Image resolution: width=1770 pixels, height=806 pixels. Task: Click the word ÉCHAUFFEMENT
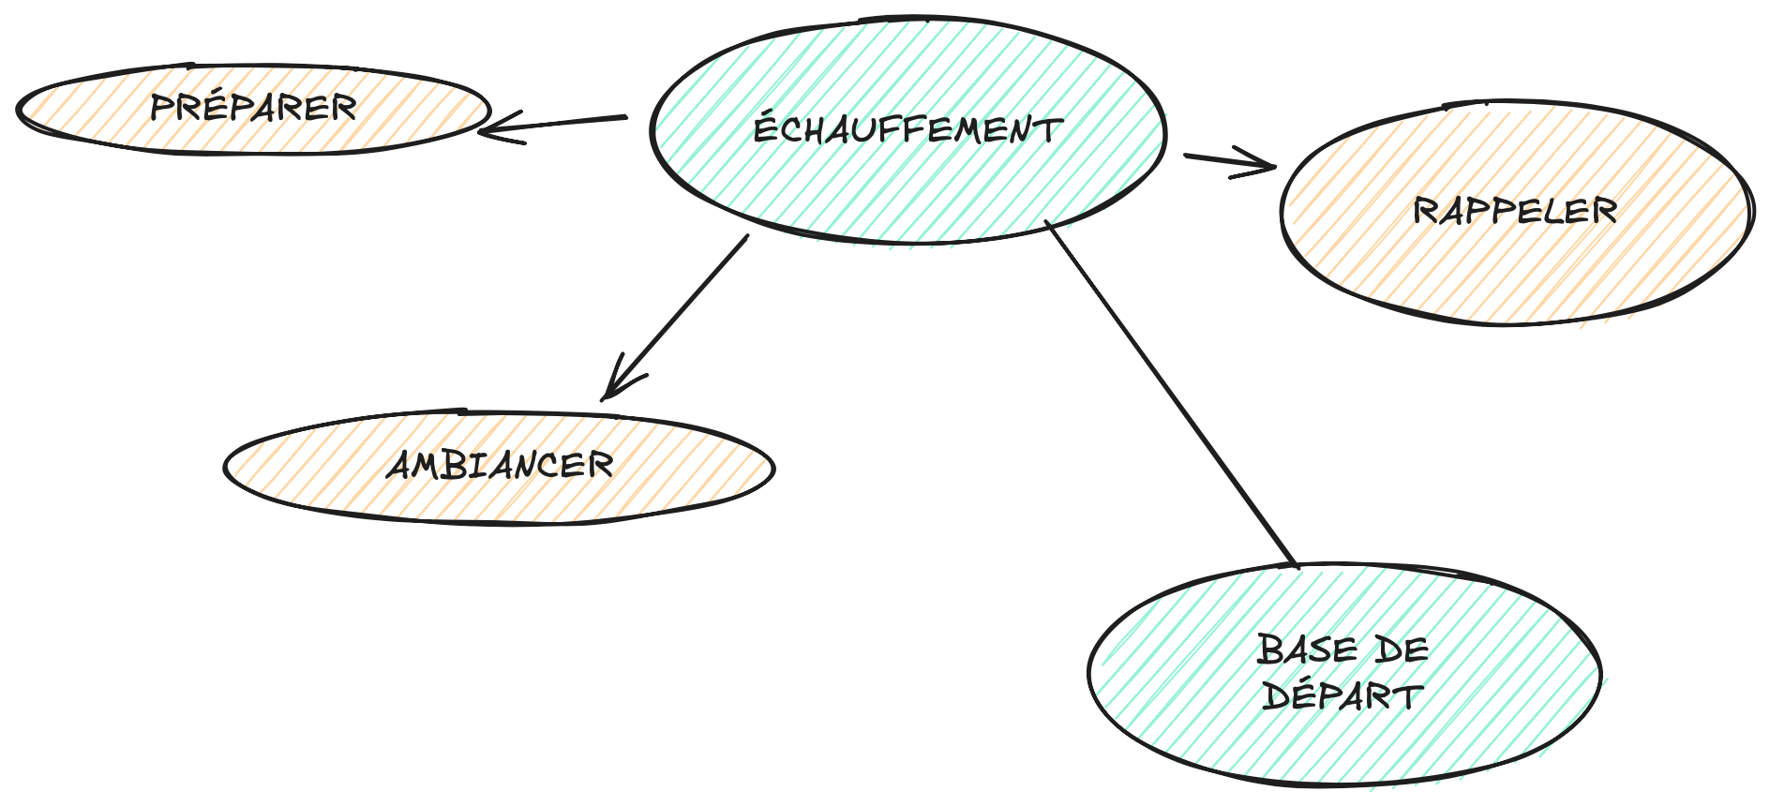[x=907, y=129]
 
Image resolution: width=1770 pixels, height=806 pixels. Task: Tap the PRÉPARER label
[x=253, y=107]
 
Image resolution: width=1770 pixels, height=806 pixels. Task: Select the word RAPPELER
[x=1515, y=211]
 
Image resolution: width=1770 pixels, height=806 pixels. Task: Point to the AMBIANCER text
[x=500, y=465]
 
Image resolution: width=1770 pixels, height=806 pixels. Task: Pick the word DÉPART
[x=1342, y=696]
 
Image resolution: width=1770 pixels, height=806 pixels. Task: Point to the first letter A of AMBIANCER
[x=399, y=465]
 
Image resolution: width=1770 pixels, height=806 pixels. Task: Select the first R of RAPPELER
[x=1425, y=211]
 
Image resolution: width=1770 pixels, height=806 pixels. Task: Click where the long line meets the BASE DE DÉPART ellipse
[x=1295, y=565]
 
